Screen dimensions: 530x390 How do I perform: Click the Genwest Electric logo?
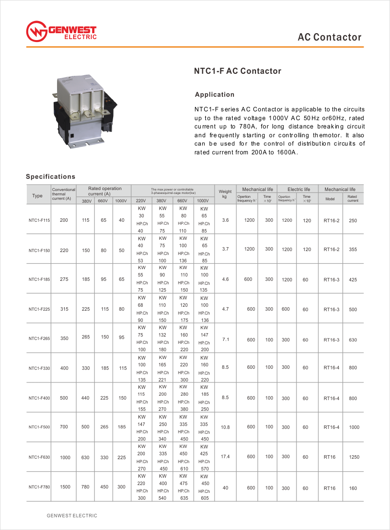click(61, 31)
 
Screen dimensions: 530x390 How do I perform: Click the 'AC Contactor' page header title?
click(330, 37)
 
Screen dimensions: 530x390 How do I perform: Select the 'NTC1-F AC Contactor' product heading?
click(238, 71)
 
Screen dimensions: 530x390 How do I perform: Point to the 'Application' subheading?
click(214, 94)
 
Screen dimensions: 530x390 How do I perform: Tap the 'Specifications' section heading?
click(50, 176)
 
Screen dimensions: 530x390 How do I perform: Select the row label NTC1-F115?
click(39, 220)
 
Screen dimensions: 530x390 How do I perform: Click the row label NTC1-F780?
click(39, 487)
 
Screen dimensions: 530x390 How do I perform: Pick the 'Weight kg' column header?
click(225, 194)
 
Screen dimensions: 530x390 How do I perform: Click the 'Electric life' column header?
click(299, 189)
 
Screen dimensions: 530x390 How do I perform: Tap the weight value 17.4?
click(225, 456)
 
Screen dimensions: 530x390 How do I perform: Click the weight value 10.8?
click(225, 427)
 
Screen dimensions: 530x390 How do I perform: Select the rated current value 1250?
click(354, 457)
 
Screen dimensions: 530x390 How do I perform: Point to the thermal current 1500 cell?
click(64, 487)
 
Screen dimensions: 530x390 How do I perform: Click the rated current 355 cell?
click(353, 250)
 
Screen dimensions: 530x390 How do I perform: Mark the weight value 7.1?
click(225, 339)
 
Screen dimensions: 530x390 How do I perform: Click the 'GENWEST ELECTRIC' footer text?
click(72, 516)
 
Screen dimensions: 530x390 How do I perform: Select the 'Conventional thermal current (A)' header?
click(63, 194)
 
